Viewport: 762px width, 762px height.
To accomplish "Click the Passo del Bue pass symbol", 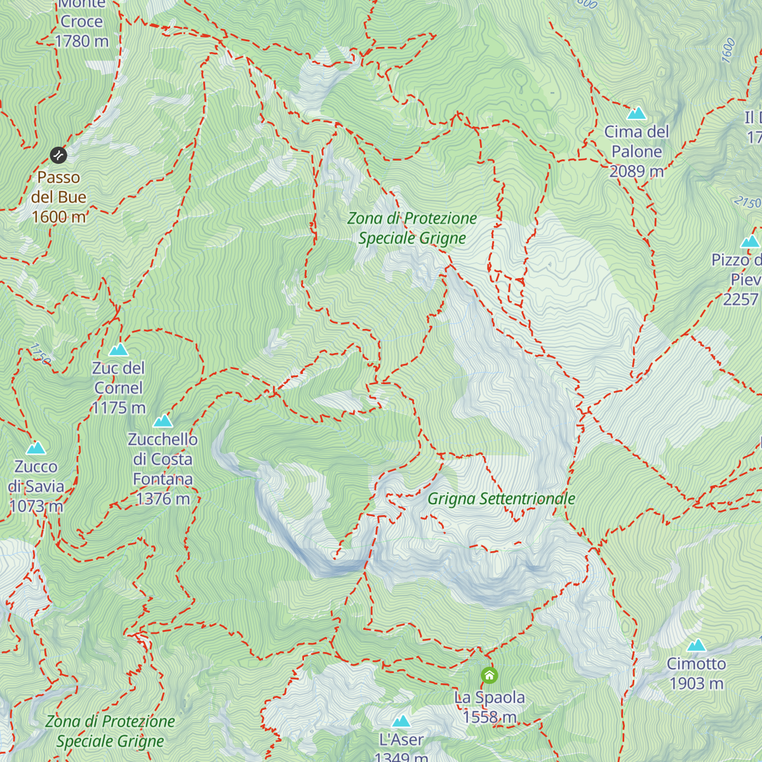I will click(x=58, y=155).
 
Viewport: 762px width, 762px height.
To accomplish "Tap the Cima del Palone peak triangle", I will click(x=636, y=114).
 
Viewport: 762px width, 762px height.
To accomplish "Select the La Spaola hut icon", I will click(x=489, y=675).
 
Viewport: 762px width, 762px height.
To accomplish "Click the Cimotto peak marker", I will click(x=697, y=646).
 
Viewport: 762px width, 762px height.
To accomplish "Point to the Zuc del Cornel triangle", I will click(x=118, y=350).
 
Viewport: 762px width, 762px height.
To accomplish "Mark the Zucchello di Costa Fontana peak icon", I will click(x=163, y=421).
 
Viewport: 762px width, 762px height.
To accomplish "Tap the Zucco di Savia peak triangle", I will click(x=36, y=448).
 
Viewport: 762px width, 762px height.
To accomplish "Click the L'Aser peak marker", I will click(x=401, y=721).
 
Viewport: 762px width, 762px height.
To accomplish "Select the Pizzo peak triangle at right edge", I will click(x=751, y=241).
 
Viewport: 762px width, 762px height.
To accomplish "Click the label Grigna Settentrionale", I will click(x=501, y=499).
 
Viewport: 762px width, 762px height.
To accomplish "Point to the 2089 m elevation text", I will click(x=636, y=171).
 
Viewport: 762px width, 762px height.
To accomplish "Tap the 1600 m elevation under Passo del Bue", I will click(x=58, y=217).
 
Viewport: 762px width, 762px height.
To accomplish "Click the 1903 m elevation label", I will click(x=697, y=684).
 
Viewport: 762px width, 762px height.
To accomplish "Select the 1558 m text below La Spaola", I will click(x=489, y=717).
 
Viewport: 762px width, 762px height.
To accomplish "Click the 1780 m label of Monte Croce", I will click(x=82, y=41).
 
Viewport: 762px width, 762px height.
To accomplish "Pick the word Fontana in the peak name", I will click(x=163, y=479).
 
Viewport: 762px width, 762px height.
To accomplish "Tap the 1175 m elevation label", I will click(x=118, y=408).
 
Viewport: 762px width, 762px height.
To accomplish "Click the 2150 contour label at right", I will click(x=747, y=203).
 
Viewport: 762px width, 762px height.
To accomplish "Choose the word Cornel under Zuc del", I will click(x=118, y=388).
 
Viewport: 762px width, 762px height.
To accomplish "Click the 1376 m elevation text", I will click(x=163, y=499).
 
